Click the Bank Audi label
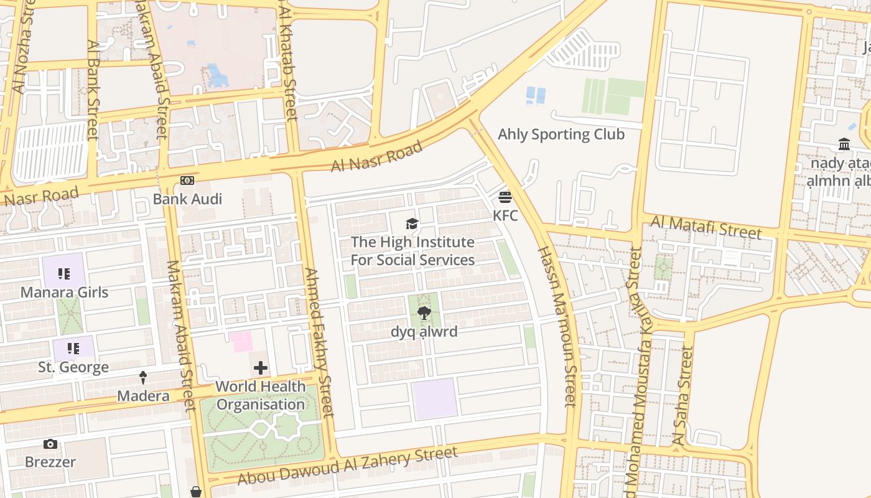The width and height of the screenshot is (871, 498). [x=187, y=199]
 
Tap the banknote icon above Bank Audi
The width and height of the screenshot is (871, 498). [x=187, y=181]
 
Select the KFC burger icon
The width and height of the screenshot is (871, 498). [x=505, y=197]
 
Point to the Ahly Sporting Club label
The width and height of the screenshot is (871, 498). [x=561, y=134]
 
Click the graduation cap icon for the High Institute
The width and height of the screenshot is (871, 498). [x=412, y=223]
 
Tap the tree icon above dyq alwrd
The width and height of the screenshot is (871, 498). [x=424, y=313]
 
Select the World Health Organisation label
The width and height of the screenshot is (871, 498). [x=260, y=395]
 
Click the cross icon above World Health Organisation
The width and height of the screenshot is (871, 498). [x=261, y=368]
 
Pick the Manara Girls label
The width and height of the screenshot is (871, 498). [x=64, y=292]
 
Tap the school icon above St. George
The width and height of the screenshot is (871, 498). [x=73, y=349]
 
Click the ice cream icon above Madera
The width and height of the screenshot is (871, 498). [x=143, y=377]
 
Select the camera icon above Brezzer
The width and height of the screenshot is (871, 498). [x=50, y=444]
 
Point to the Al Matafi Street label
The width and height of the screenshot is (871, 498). [x=706, y=227]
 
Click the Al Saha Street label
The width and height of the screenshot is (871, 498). [x=682, y=396]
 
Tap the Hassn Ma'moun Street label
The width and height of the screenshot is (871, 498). [x=557, y=327]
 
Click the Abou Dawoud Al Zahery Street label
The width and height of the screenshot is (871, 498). [x=348, y=466]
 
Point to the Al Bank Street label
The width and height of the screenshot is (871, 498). [x=93, y=90]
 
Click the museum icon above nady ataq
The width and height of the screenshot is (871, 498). [x=844, y=144]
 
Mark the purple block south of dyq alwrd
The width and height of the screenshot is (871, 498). [x=434, y=398]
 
